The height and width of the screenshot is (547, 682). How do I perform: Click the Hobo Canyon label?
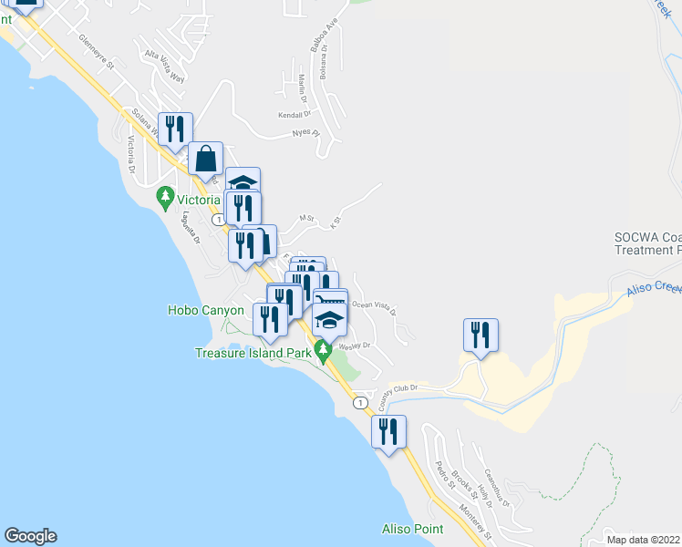pyautogui.click(x=205, y=310)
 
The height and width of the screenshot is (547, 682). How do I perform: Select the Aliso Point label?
pyautogui.click(x=412, y=529)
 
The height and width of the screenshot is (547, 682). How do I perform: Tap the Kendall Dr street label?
pyautogui.click(x=295, y=115)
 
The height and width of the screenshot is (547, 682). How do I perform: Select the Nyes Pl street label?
pyautogui.click(x=306, y=132)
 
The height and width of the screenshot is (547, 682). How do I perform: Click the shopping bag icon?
pyautogui.click(x=206, y=159)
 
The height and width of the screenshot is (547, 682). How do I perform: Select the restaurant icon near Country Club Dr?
pyautogui.click(x=480, y=335)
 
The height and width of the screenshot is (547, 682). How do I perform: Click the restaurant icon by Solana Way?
pyautogui.click(x=173, y=129)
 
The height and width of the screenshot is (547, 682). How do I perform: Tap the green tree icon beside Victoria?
pyautogui.click(x=165, y=196)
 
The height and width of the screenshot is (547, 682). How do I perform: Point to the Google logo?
pyautogui.click(x=29, y=536)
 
